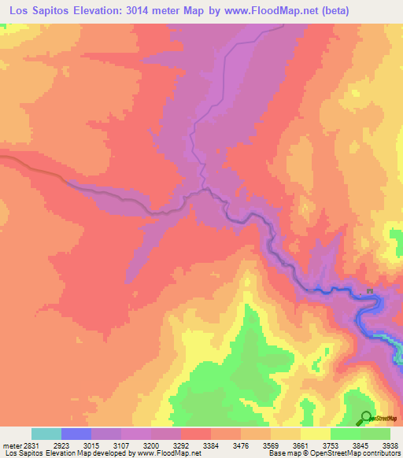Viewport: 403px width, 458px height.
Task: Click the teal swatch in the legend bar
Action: pos(46,434)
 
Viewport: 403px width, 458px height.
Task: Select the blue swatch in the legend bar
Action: pos(76,434)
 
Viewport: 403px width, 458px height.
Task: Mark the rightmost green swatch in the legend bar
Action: pos(375,434)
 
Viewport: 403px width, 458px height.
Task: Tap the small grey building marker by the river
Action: pos(369,292)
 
